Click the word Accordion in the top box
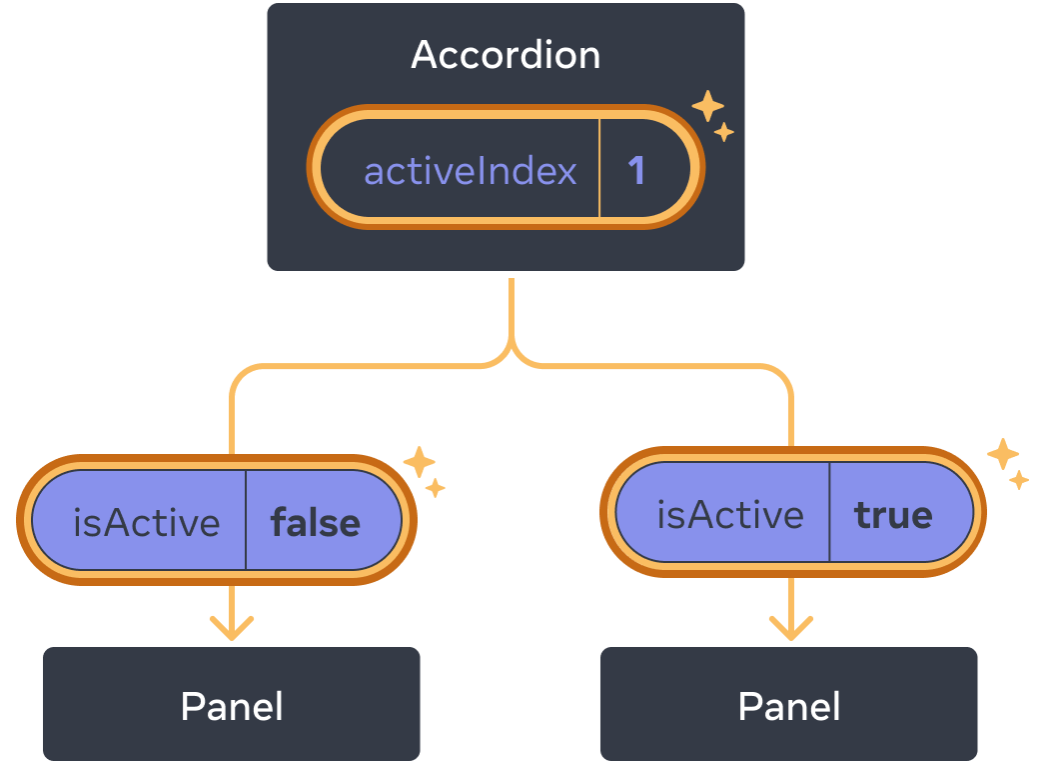pos(506,55)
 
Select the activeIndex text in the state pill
pos(470,171)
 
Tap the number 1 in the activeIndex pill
pos(636,171)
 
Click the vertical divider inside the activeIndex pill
pos(599,168)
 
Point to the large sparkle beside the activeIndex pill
pos(707,106)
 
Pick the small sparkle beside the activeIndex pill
pos(724,132)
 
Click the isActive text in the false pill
pos(146,522)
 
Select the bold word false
pos(315,522)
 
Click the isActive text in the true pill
pos(729,514)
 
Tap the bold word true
pos(892,514)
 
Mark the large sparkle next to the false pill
pos(418,462)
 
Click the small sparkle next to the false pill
pos(435,488)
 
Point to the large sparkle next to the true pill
pos(1002,454)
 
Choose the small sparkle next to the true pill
pos(1018,480)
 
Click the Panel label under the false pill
pos(232,706)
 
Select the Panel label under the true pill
pos(788,706)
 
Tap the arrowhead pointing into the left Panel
pos(232,630)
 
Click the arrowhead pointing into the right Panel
pos(790,630)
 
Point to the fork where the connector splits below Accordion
pos(512,356)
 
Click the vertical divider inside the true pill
pos(829,512)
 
